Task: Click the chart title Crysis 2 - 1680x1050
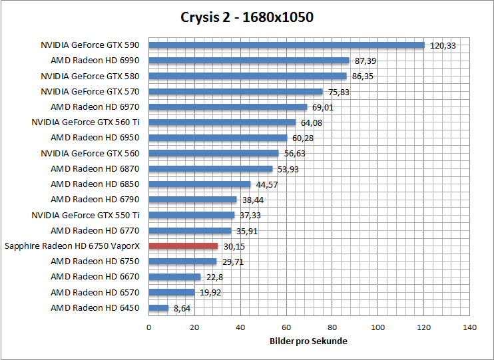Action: tap(247, 17)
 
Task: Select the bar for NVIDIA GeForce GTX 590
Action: tap(286, 45)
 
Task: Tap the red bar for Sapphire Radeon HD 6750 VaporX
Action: tap(183, 246)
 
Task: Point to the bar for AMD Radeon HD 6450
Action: tap(158, 308)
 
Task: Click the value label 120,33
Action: tap(443, 46)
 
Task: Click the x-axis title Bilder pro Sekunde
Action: tap(309, 341)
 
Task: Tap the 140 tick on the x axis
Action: tap(470, 327)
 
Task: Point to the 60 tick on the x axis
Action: tap(286, 327)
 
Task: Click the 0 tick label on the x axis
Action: tap(148, 327)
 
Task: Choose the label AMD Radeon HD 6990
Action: tap(95, 61)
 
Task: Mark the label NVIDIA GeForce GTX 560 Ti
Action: tap(85, 122)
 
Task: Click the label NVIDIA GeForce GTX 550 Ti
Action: tap(85, 215)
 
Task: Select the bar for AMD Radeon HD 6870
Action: tap(210, 169)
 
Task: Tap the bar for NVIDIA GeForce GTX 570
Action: tap(236, 92)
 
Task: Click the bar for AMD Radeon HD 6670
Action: tap(174, 277)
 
